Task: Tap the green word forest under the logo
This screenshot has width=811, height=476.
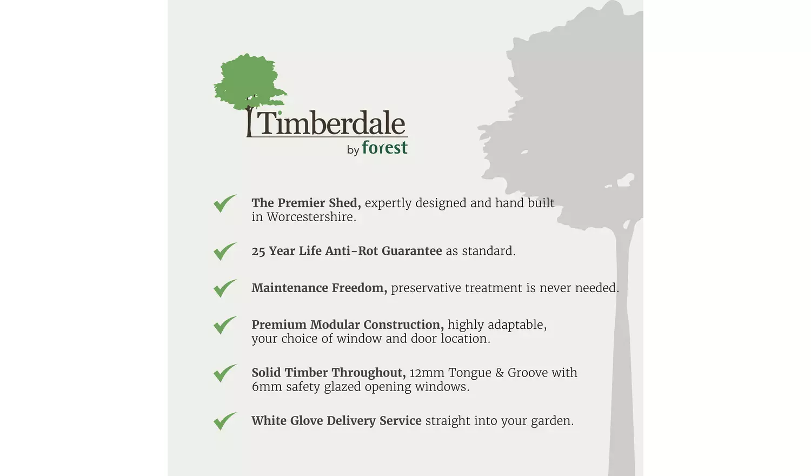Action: pyautogui.click(x=384, y=147)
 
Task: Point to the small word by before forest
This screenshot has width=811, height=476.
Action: pyautogui.click(x=353, y=150)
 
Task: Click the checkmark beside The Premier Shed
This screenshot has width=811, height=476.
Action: pyautogui.click(x=225, y=203)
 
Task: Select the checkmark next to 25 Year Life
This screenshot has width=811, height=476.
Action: pyautogui.click(x=225, y=252)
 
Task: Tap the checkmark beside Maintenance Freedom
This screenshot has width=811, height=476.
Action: pyautogui.click(x=225, y=288)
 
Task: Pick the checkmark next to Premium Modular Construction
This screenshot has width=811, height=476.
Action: pyautogui.click(x=225, y=325)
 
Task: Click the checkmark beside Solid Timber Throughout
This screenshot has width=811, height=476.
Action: pyautogui.click(x=225, y=373)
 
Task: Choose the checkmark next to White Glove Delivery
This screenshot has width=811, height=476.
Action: pyautogui.click(x=225, y=421)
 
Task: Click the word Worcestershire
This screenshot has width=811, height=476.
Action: pyautogui.click(x=311, y=217)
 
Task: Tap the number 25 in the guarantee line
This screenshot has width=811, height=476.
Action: pyautogui.click(x=258, y=251)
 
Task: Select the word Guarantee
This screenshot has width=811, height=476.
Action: pyautogui.click(x=411, y=250)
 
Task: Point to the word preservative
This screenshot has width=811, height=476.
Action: pyautogui.click(x=426, y=288)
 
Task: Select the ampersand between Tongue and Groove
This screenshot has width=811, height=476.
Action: pyautogui.click(x=499, y=373)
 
